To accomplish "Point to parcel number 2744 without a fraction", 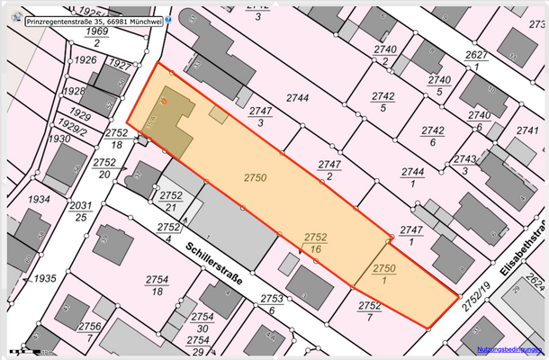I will pyautogui.click(x=298, y=97).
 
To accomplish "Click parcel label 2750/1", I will pyautogui.click(x=384, y=274).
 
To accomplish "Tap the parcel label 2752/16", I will pyautogui.click(x=315, y=241).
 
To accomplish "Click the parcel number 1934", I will pyautogui.click(x=40, y=199).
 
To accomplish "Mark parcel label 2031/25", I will pyautogui.click(x=81, y=210).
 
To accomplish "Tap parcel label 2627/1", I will pyautogui.click(x=478, y=60).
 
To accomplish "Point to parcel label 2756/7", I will pyautogui.click(x=90, y=330).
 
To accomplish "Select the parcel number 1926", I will pyautogui.click(x=85, y=60).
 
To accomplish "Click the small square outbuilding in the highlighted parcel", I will pyautogui.click(x=219, y=114).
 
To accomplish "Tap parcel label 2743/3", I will pyautogui.click(x=465, y=165).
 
